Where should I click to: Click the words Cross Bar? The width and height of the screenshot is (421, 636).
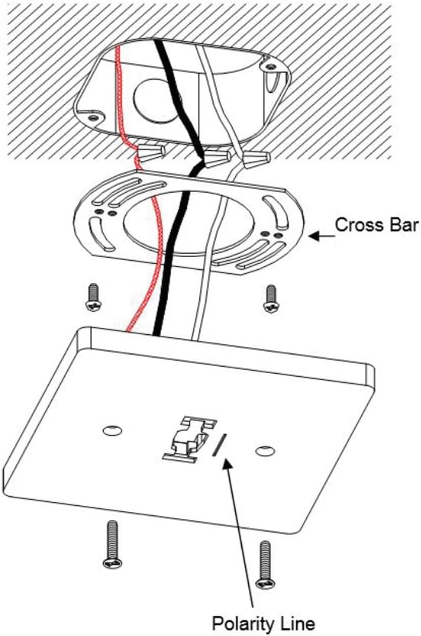(376, 225)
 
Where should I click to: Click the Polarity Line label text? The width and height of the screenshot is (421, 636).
(263, 624)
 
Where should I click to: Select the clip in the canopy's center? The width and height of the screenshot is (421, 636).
(188, 439)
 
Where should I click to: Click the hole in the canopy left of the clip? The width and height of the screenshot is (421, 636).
(111, 431)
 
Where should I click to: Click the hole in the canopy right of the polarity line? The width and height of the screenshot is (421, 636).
(266, 450)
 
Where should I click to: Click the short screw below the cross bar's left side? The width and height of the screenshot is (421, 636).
(93, 297)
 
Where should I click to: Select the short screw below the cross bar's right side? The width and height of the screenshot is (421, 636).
(270, 298)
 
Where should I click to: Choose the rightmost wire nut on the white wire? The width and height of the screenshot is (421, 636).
(257, 157)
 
